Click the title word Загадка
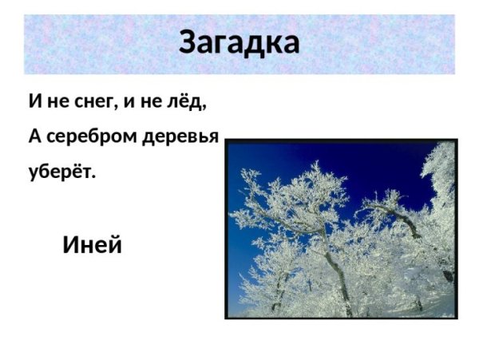[x=239, y=42]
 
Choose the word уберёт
[x=60, y=171]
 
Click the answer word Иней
[x=92, y=245]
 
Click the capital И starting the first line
[x=34, y=101]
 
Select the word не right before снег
[x=57, y=102]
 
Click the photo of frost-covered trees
[x=341, y=229]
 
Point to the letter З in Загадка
[x=188, y=42]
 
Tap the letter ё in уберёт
[x=77, y=170]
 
